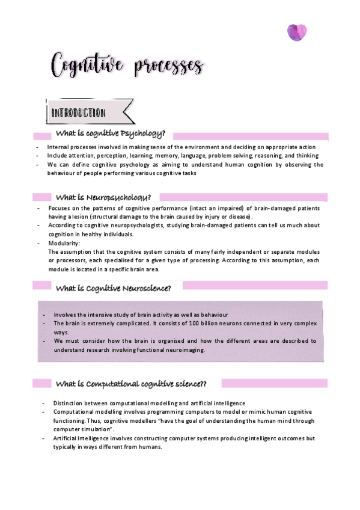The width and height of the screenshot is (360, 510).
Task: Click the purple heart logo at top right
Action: (296, 32)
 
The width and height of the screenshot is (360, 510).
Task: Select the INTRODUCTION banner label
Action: (79, 112)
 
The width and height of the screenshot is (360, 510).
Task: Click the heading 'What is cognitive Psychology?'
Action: (111, 134)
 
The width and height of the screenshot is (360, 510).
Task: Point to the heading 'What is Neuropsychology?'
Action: (103, 197)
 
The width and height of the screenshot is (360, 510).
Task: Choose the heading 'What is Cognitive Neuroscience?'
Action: (114, 288)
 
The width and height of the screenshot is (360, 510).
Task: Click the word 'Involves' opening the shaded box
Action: (65, 315)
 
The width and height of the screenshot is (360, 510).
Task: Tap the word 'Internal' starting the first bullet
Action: (59, 147)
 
